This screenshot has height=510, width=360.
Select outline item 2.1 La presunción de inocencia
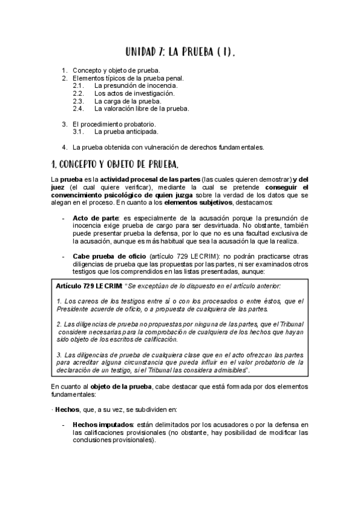[135, 86]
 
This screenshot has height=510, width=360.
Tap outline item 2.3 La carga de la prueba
[127, 101]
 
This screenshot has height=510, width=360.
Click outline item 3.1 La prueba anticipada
[126, 132]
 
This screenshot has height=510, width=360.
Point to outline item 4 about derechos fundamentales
[168, 147]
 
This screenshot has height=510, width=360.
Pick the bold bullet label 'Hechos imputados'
[103, 424]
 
